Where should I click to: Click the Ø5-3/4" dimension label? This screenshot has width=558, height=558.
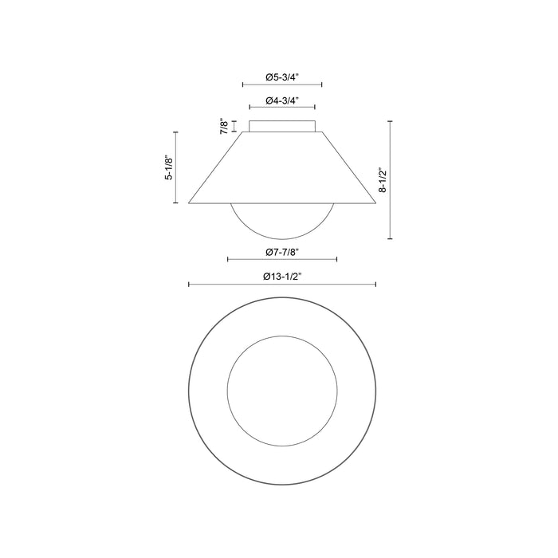click(x=282, y=77)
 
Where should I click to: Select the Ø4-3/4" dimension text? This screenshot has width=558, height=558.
click(x=282, y=100)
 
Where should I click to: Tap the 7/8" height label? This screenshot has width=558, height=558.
click(x=224, y=126)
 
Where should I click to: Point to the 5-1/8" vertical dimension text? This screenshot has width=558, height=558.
click(x=169, y=167)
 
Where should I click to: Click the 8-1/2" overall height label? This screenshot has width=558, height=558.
click(x=383, y=179)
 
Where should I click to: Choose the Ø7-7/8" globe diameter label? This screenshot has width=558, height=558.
click(x=282, y=253)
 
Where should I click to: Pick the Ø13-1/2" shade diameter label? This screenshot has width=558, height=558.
click(x=282, y=277)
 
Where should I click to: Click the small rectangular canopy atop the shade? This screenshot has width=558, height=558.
click(x=282, y=126)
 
